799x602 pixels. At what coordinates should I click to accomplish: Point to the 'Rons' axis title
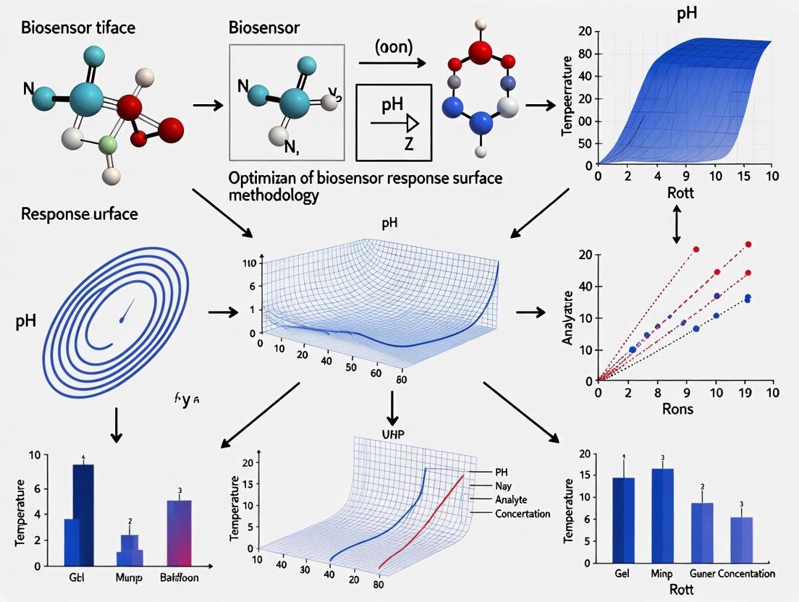coord(678,410)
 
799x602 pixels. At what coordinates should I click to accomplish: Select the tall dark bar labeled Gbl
coord(84,514)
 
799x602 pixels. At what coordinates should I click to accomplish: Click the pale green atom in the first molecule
coord(109,144)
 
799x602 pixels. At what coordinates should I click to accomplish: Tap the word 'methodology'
coord(274,196)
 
